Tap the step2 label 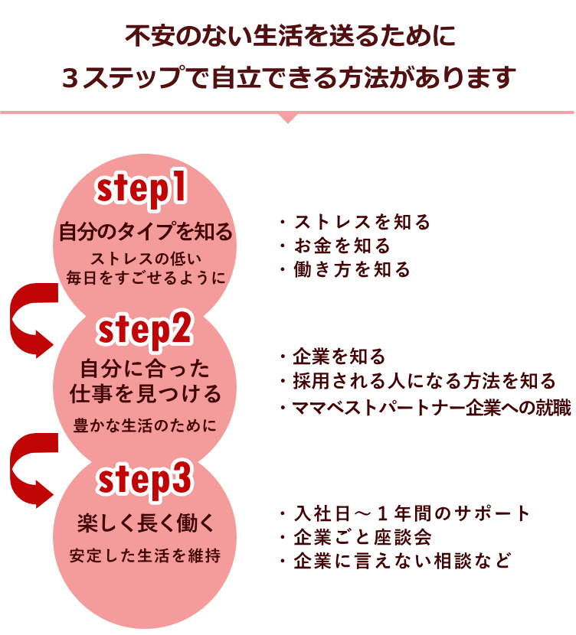pyautogui.click(x=144, y=331)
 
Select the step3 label pyautogui.click(x=143, y=480)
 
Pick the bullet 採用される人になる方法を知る pyautogui.click(x=417, y=380)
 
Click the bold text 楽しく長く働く pyautogui.click(x=144, y=524)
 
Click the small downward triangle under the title pyautogui.click(x=288, y=117)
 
